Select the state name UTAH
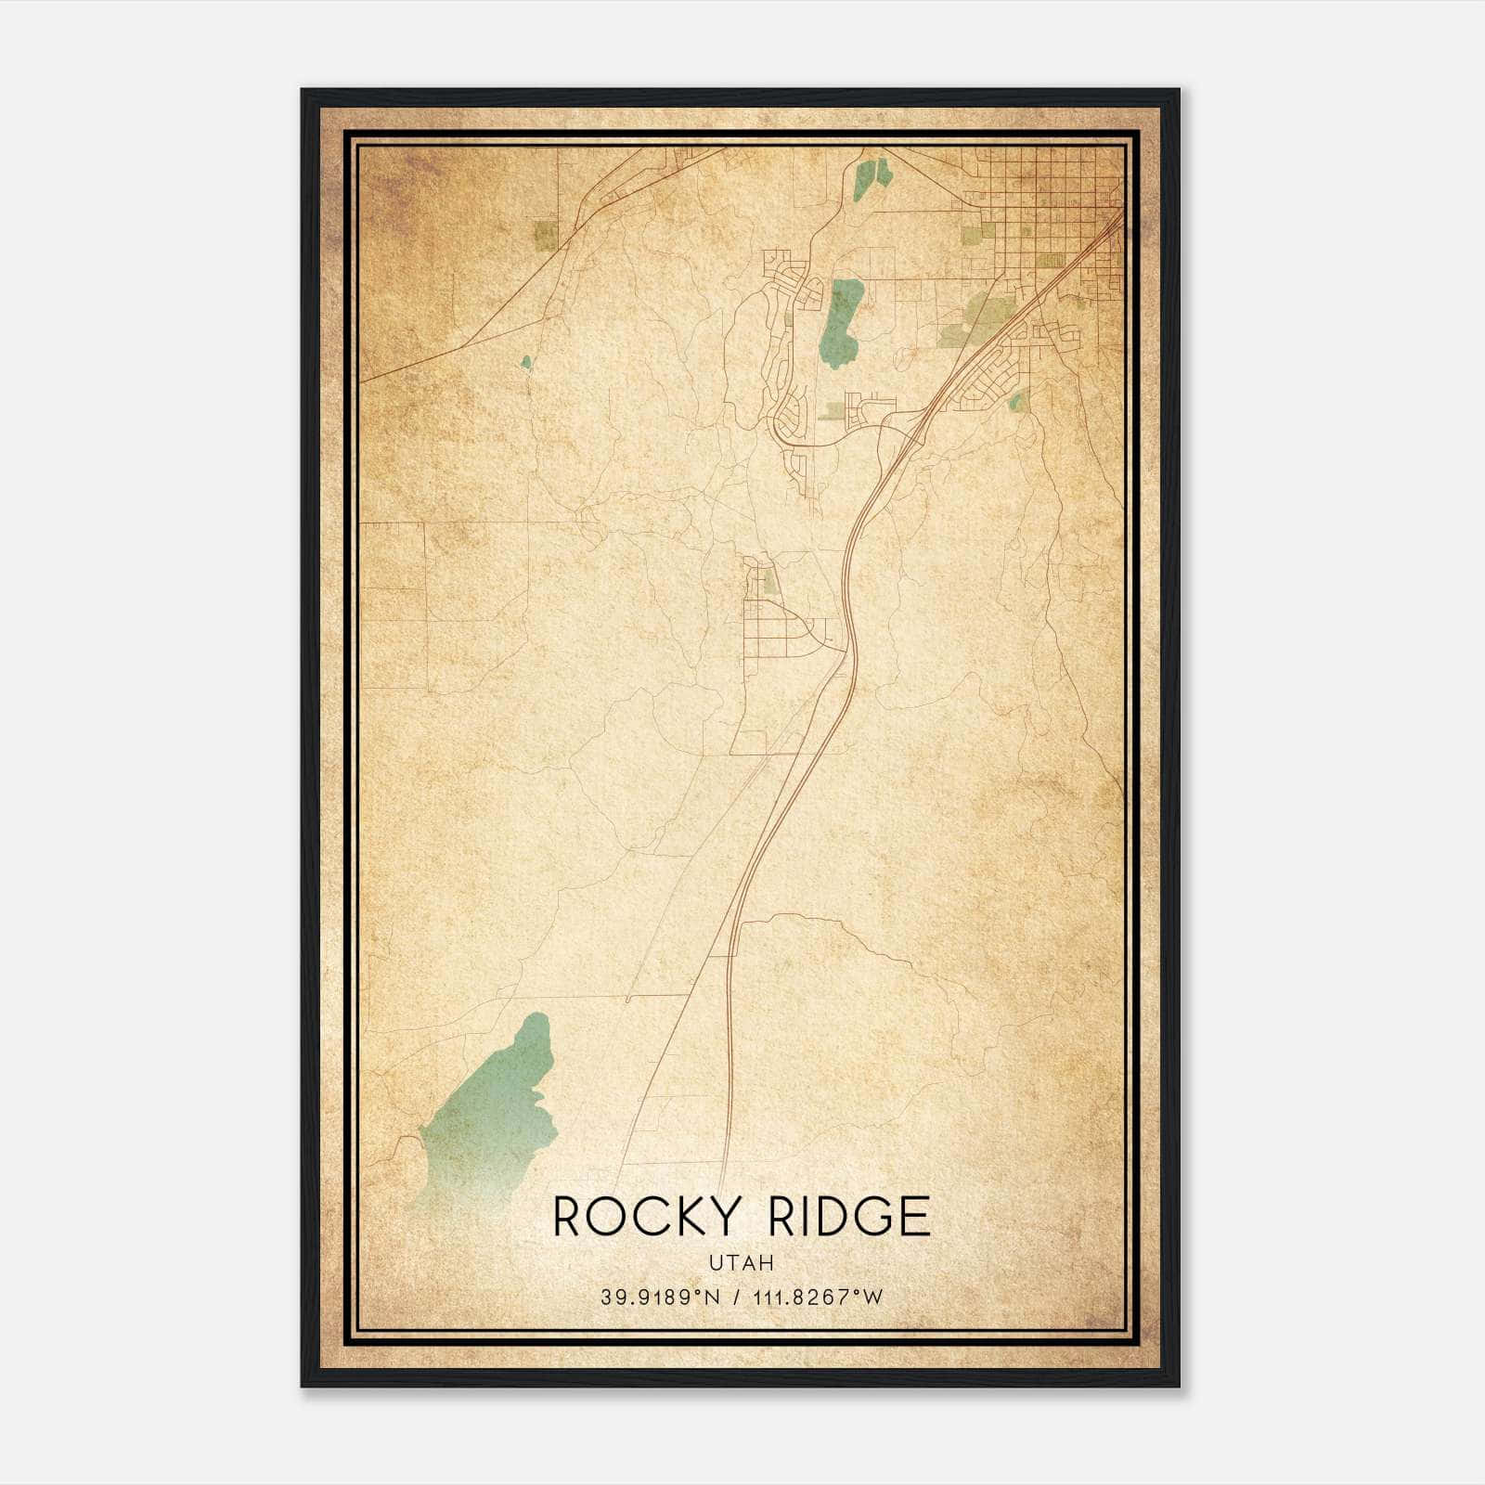[x=742, y=1263]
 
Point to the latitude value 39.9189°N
[x=660, y=1298]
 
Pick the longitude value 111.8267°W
[x=817, y=1298]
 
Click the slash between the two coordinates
[x=738, y=1298]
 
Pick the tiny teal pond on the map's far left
[x=526, y=362]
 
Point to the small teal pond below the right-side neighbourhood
[x=1017, y=401]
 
